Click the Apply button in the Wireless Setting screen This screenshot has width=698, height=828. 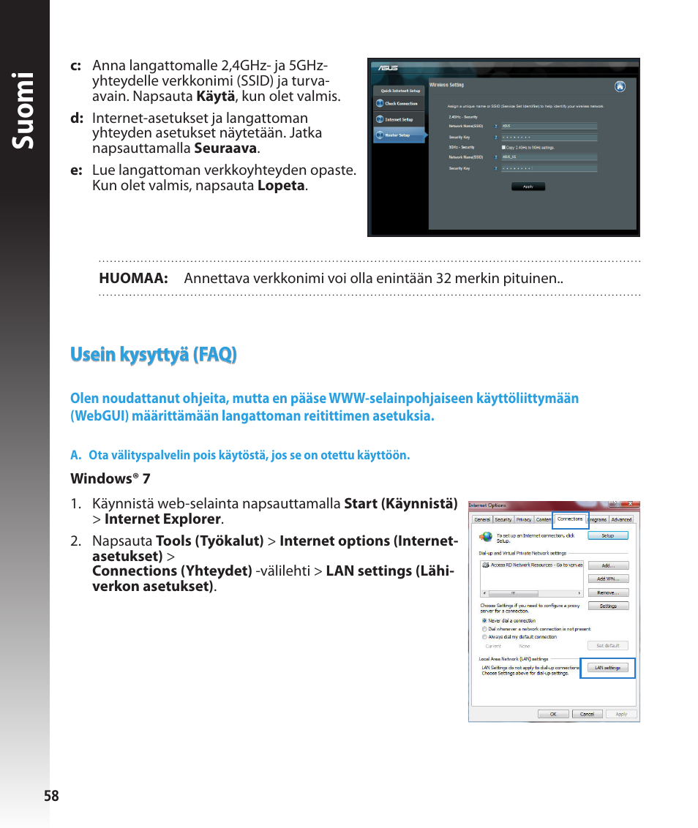[528, 187]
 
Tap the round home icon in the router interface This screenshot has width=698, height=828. [620, 86]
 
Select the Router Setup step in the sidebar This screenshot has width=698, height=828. [399, 135]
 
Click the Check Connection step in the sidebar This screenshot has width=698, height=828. [399, 104]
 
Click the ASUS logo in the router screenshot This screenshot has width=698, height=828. [386, 67]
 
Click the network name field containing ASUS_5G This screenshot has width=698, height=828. [549, 157]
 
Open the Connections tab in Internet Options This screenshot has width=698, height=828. [570, 519]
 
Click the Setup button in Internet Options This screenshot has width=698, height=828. [608, 535]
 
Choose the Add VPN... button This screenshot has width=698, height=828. [608, 579]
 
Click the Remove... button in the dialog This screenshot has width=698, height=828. [608, 592]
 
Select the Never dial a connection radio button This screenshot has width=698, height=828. [484, 620]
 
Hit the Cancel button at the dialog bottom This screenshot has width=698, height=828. [587, 714]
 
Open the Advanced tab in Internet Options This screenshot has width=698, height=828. [621, 519]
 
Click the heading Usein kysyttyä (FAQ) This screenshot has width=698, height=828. [153, 355]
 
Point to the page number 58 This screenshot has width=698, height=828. [50, 797]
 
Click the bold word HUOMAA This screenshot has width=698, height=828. [133, 279]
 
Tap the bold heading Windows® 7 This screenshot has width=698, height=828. [110, 478]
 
